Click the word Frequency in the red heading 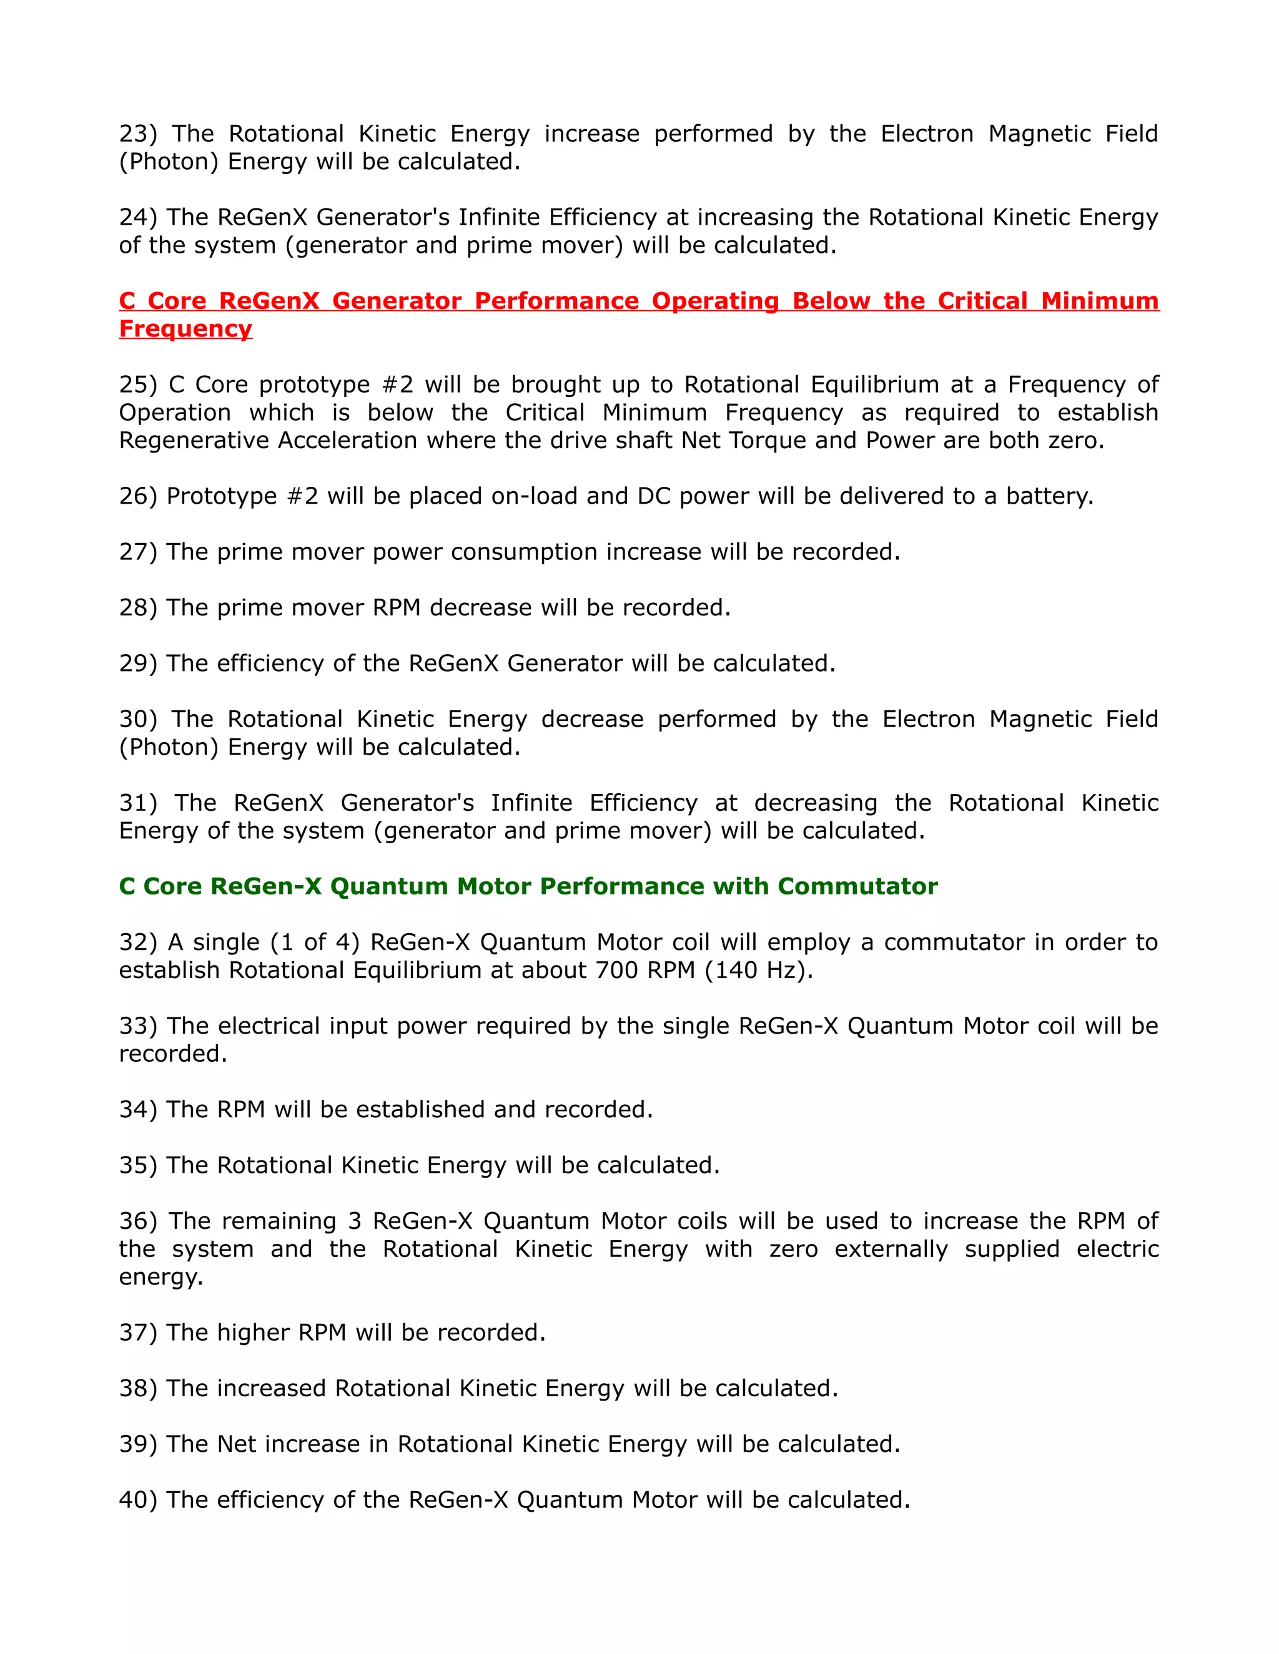(185, 329)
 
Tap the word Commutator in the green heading (857, 886)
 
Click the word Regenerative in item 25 (193, 441)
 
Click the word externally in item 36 (891, 1249)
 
